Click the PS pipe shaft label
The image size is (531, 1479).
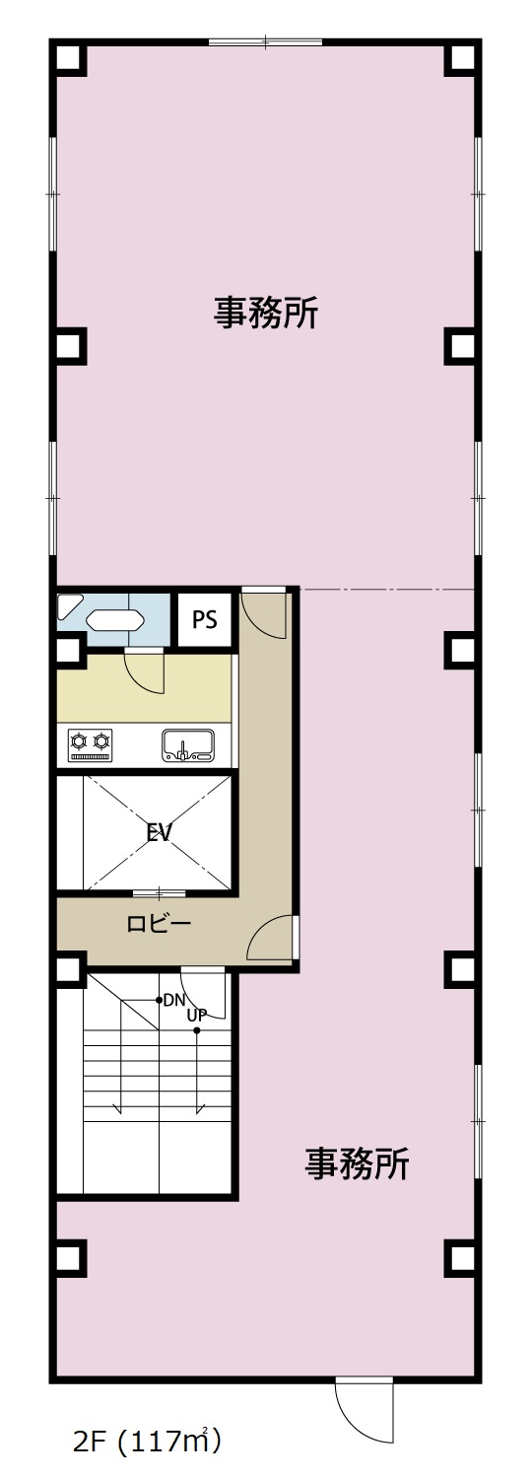(x=205, y=620)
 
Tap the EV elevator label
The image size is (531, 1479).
(x=159, y=832)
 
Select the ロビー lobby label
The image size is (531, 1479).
(x=159, y=923)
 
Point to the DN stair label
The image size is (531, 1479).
(x=174, y=1001)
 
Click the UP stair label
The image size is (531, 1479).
(x=197, y=1016)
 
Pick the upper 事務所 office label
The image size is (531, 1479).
(x=265, y=313)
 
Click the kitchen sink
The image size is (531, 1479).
(x=188, y=745)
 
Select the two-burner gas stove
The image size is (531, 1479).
(x=91, y=745)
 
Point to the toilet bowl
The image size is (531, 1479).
(x=114, y=620)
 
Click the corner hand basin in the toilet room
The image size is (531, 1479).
(x=69, y=605)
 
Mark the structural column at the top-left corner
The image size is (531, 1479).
(x=69, y=59)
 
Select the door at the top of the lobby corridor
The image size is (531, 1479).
(x=263, y=612)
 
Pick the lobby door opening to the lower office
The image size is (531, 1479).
(x=273, y=938)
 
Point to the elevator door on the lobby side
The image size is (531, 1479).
(x=160, y=894)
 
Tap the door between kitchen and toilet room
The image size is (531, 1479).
(x=144, y=671)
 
